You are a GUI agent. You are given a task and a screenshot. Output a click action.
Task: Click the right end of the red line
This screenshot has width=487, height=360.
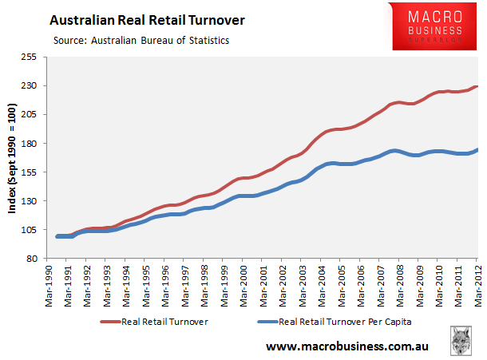[x=477, y=86]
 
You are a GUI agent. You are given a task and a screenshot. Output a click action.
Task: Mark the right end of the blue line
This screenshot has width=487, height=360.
[x=477, y=149]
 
